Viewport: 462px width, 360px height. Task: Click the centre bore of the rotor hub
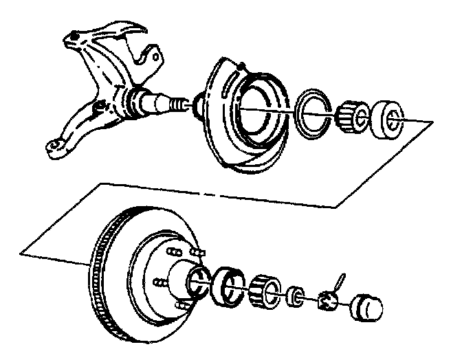click(x=197, y=278)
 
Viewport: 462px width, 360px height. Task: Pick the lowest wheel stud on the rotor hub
click(x=180, y=305)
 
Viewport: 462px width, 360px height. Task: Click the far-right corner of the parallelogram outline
click(x=432, y=122)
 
